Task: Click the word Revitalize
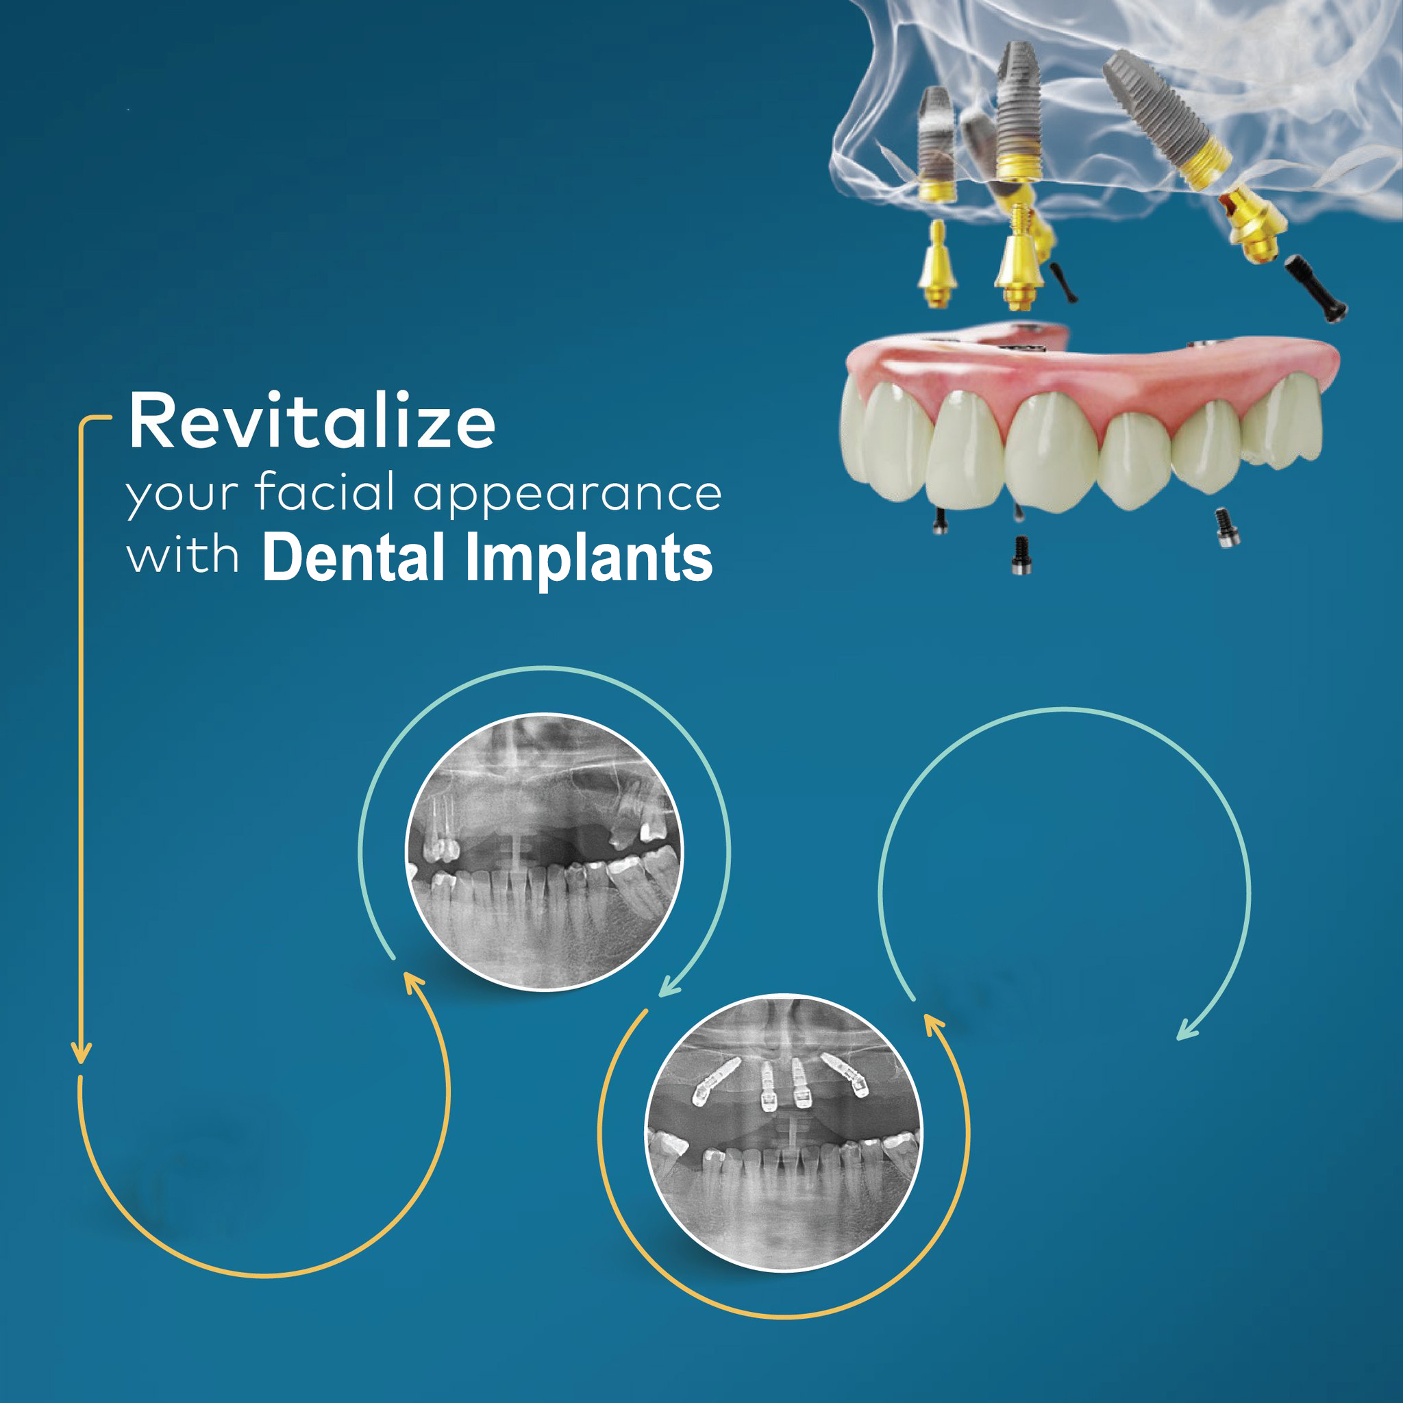click(312, 421)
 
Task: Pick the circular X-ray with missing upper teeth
click(544, 851)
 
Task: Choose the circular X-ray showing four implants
click(784, 1132)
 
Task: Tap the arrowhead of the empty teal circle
click(1187, 1029)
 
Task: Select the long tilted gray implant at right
click(1166, 121)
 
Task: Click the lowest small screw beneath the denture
click(1021, 556)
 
